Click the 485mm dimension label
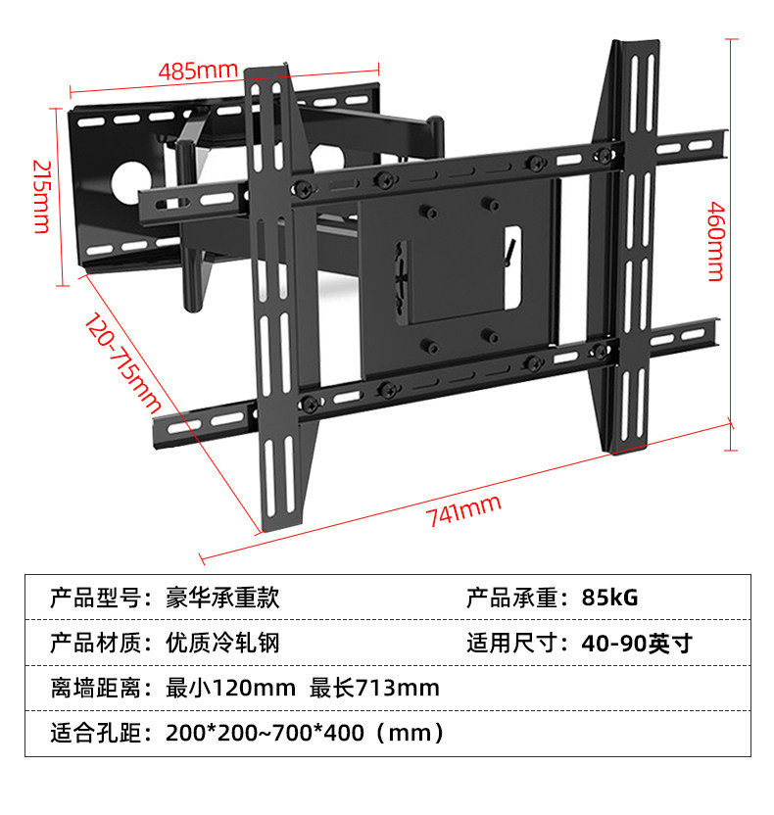click(199, 71)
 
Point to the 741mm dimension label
click(464, 511)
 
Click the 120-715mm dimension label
click(121, 361)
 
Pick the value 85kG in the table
click(608, 598)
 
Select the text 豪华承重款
click(223, 598)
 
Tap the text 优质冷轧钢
click(223, 644)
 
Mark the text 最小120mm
click(230, 688)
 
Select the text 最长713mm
click(374, 688)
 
